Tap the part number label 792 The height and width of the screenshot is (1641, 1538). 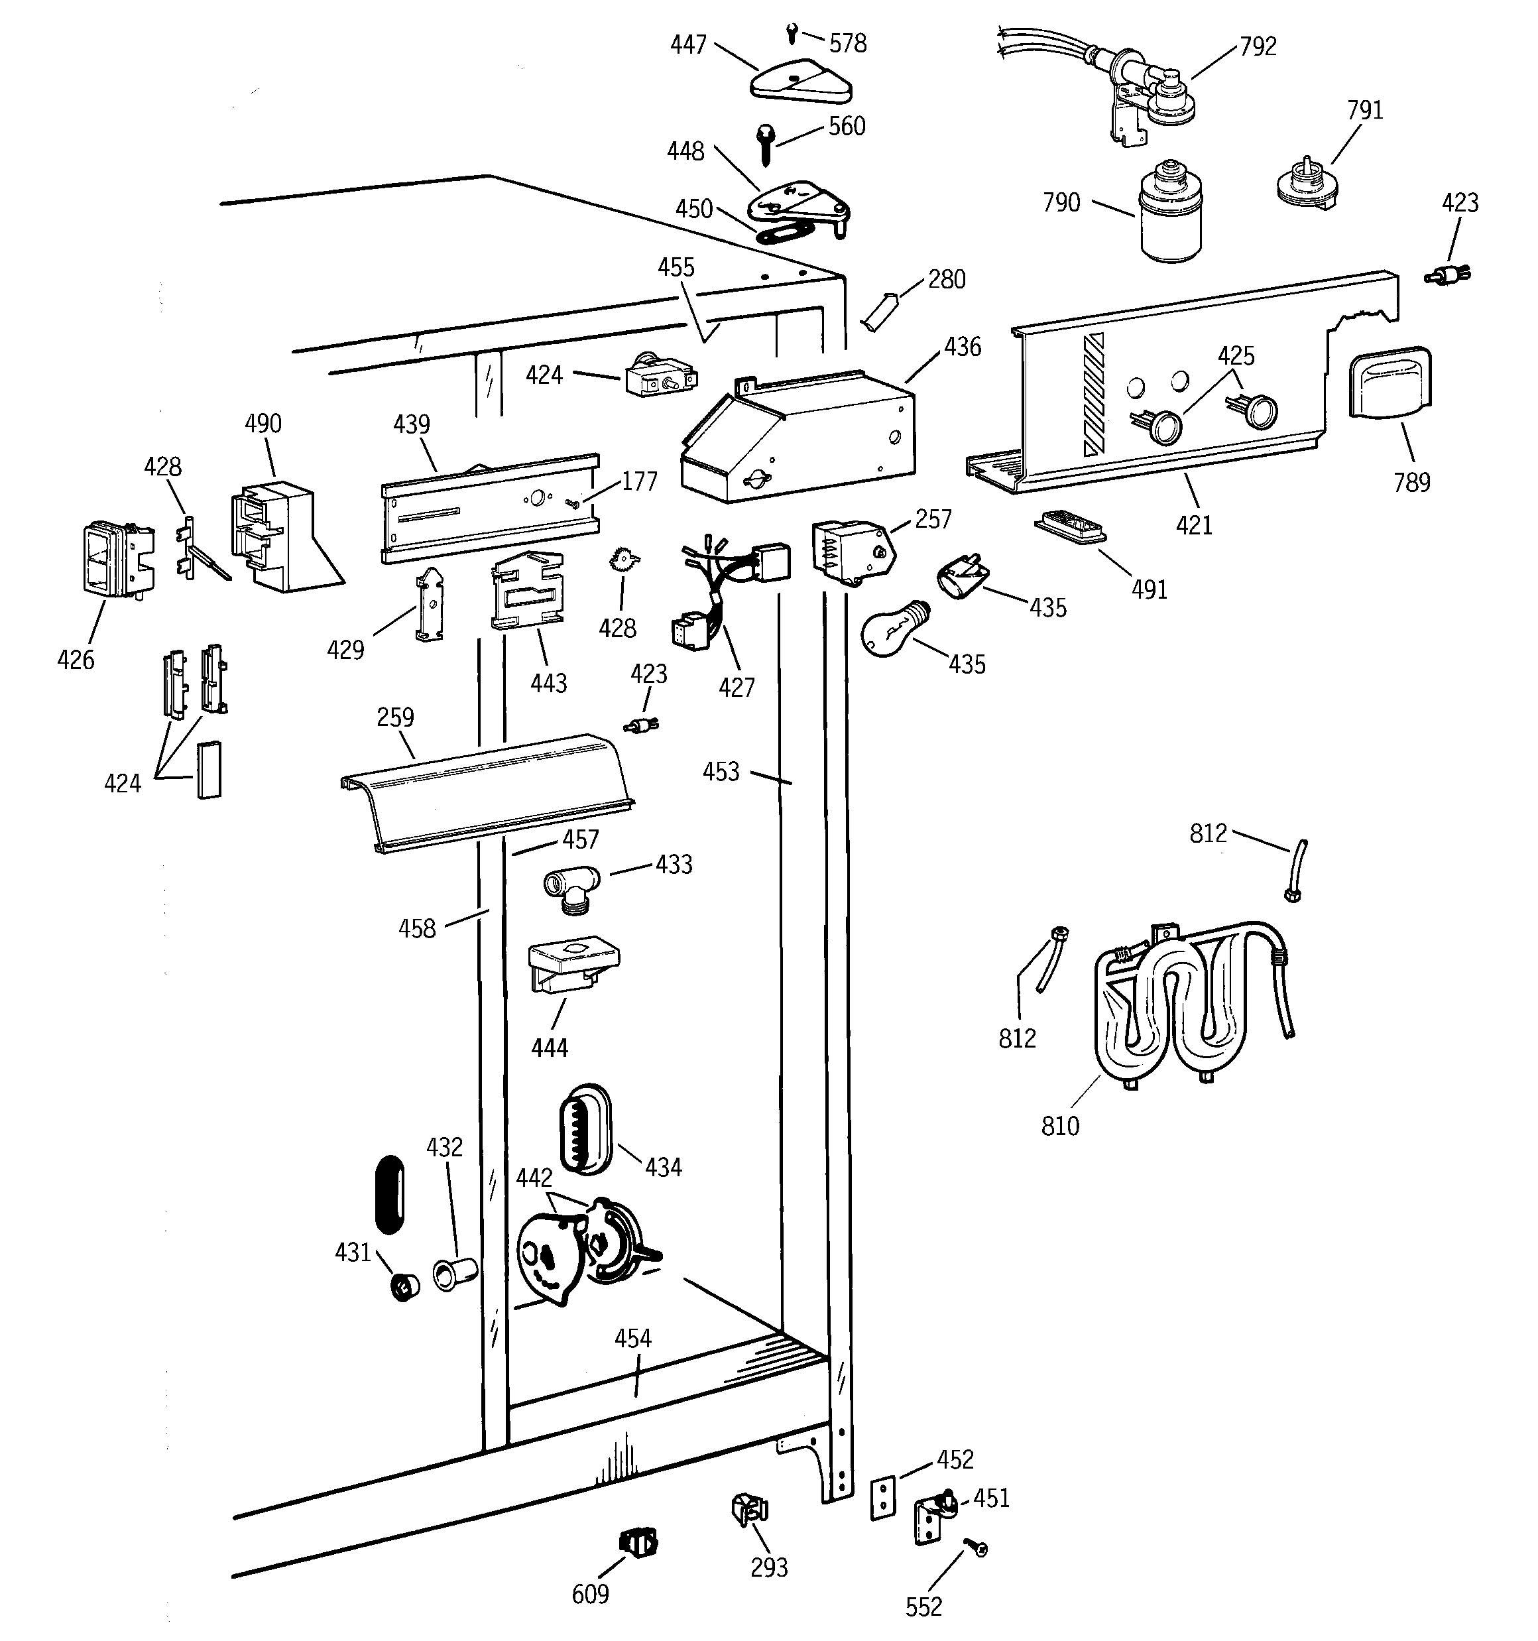[x=1258, y=46]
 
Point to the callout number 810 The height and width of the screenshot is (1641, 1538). [x=1059, y=1126]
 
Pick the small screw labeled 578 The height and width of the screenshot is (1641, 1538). [x=792, y=34]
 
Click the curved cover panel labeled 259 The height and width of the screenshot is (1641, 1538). [x=487, y=792]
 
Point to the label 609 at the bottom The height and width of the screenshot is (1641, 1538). [x=590, y=1594]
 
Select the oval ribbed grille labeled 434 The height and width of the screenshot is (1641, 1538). [x=585, y=1128]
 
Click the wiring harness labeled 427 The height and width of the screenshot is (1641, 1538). [x=727, y=590]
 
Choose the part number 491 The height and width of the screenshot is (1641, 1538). [x=1148, y=589]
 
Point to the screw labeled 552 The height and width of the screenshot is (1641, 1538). [x=977, y=1550]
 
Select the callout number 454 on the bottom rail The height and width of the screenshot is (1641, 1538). [x=632, y=1338]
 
